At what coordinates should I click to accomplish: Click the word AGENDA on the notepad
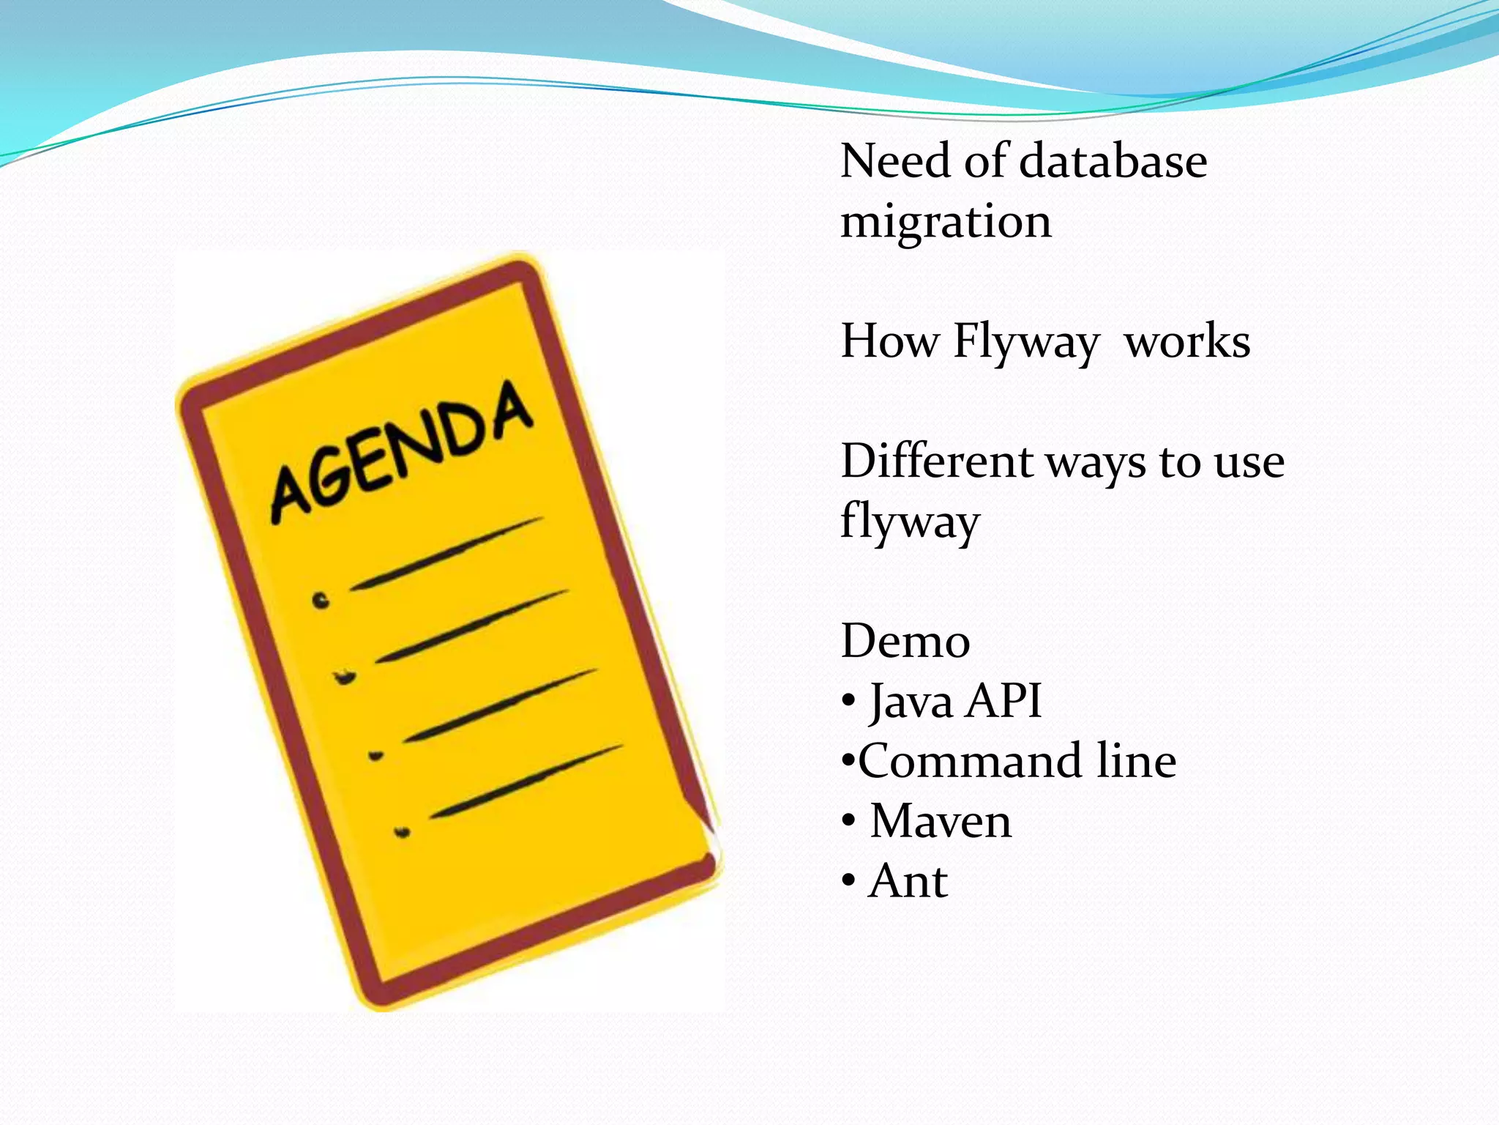pos(401,454)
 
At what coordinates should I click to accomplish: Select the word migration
pos(946,222)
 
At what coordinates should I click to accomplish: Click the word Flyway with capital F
pos(1025,342)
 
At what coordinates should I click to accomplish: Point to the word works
pos(1187,342)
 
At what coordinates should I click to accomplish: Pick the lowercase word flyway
pos(910,521)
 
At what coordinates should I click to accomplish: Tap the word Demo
pos(905,642)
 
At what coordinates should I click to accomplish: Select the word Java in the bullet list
pos(911,702)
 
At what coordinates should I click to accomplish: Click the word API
pos(1003,702)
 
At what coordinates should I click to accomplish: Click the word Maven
pos(941,821)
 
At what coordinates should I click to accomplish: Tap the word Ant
pos(908,881)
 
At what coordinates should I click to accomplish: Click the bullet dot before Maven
pos(848,821)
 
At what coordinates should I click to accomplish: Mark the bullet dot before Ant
pos(848,881)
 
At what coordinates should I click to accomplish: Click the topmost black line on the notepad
pos(446,554)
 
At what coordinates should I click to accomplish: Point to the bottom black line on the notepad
pos(526,781)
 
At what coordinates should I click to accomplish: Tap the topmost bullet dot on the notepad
pos(321,601)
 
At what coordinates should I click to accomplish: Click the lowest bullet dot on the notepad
pos(402,832)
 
